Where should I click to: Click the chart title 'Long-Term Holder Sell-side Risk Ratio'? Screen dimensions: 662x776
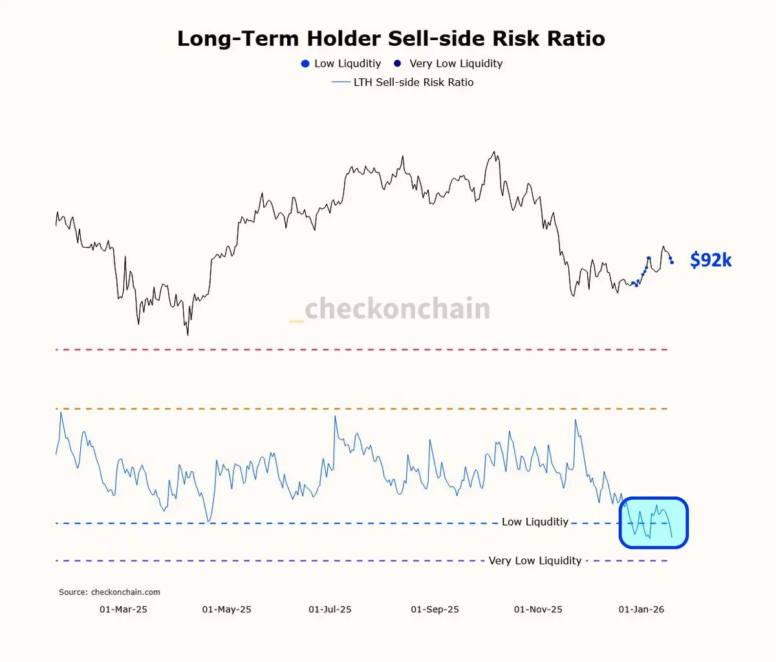391,39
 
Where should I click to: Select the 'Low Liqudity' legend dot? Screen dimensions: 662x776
305,63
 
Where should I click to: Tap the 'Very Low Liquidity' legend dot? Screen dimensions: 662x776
398,63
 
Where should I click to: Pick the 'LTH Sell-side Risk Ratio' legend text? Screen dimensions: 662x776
413,82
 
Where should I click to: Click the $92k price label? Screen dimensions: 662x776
711,260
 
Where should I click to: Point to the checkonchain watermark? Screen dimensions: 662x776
396,309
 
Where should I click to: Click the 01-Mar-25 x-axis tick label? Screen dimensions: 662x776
124,610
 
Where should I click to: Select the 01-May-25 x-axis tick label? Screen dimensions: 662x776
227,610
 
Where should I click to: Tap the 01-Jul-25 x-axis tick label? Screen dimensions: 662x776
330,610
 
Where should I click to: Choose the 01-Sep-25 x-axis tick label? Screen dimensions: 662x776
435,610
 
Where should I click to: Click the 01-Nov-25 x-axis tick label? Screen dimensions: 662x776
538,610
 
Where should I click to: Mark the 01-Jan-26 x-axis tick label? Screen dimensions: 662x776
641,610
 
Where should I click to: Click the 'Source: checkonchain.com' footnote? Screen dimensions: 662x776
109,592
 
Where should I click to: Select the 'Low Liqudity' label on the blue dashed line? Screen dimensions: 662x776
535,522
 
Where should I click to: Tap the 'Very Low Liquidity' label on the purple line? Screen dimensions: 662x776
535,561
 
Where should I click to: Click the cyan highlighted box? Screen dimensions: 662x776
653,522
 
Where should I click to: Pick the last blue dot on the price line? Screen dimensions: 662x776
672,262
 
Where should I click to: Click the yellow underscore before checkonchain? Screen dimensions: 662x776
296,320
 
